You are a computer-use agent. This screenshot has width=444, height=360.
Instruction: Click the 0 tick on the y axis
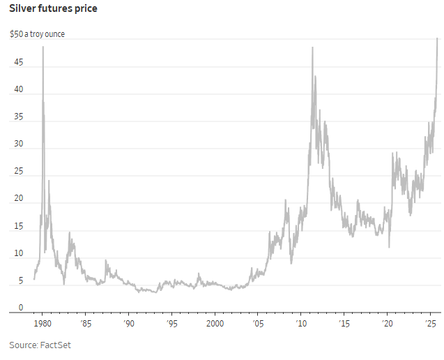point(20,308)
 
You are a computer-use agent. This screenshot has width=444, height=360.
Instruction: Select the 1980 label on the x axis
point(42,324)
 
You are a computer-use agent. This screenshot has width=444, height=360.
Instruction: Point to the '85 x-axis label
point(85,324)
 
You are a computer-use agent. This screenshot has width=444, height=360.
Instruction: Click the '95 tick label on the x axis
point(171,324)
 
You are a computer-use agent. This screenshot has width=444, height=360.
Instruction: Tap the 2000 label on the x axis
point(215,324)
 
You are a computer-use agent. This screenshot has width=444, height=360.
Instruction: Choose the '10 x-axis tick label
point(301,324)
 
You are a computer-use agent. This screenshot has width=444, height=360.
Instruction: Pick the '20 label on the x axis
point(388,324)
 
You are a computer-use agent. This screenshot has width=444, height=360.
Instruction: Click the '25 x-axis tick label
point(431,324)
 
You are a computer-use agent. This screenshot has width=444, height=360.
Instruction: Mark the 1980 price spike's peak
point(43,47)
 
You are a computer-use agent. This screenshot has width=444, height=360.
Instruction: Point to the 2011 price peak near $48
point(312,47)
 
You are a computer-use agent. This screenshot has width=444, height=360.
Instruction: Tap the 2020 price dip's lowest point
point(389,246)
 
